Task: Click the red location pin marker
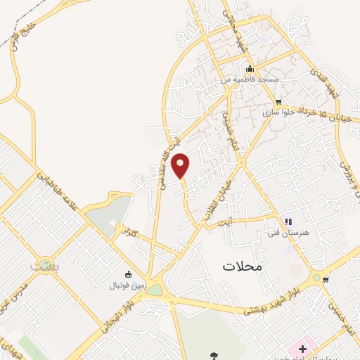click(x=181, y=166)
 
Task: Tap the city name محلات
click(x=241, y=266)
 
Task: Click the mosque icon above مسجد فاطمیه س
click(x=250, y=69)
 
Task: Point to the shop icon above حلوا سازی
click(x=278, y=101)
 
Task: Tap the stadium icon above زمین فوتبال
click(x=128, y=274)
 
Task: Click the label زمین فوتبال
click(x=127, y=285)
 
